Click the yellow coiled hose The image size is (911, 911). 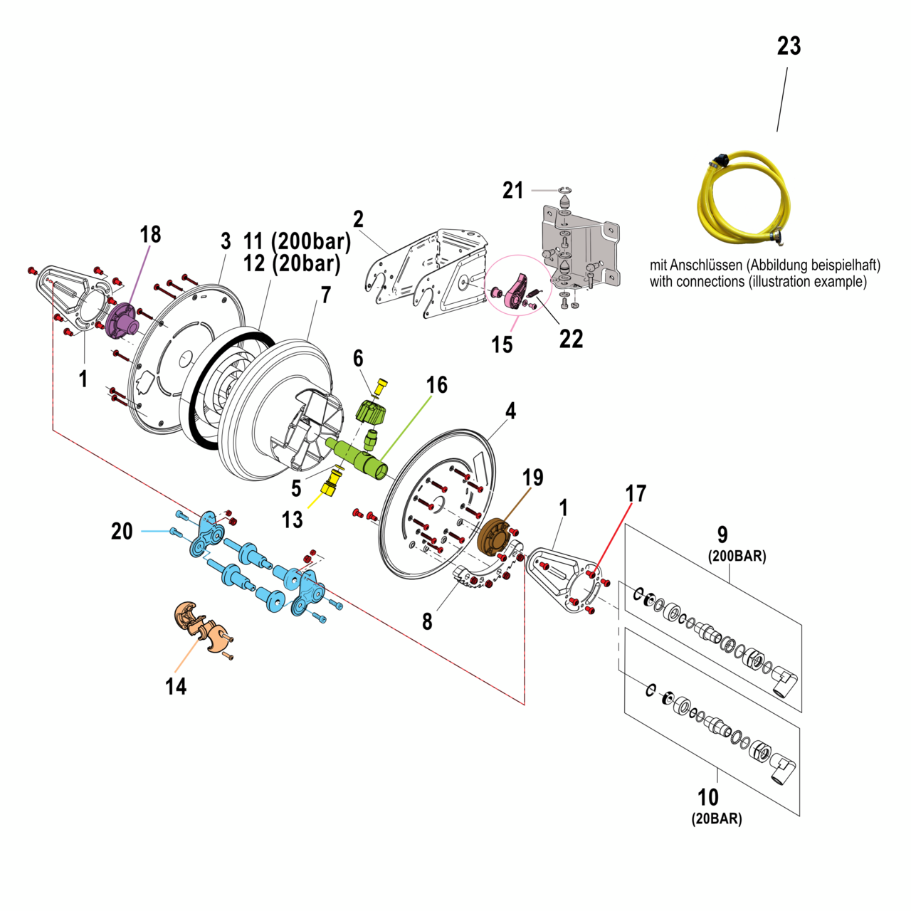(744, 199)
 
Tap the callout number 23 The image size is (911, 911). (789, 46)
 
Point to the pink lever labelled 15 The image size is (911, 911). (515, 292)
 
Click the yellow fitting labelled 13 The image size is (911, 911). (330, 487)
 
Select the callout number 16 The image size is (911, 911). (436, 385)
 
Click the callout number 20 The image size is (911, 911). (122, 531)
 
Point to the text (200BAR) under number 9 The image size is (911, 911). (737, 557)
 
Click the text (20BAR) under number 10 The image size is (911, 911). (717, 819)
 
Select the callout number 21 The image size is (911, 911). (512, 191)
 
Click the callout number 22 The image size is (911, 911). (571, 339)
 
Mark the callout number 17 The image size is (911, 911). (635, 493)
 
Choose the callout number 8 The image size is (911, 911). (426, 621)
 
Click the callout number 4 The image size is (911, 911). (510, 411)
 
